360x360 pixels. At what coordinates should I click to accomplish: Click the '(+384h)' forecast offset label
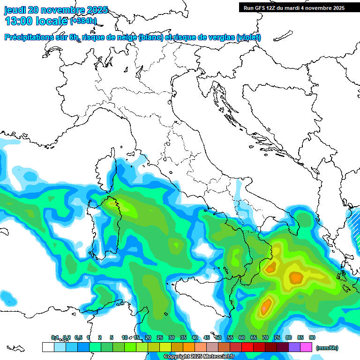83,21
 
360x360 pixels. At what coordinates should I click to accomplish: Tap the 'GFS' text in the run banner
260,8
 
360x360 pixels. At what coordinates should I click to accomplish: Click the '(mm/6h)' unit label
327,348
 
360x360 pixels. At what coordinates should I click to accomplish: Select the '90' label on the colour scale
312,338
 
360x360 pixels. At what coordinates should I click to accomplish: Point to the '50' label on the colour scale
218,338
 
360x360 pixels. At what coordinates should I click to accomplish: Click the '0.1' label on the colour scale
55,338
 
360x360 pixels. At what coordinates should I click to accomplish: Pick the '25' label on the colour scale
160,338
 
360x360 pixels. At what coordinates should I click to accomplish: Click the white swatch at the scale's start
48,347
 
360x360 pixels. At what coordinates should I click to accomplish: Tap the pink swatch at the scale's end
307,347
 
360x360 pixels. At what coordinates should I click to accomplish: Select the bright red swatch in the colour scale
247,347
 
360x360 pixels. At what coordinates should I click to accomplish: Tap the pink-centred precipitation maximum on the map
266,307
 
